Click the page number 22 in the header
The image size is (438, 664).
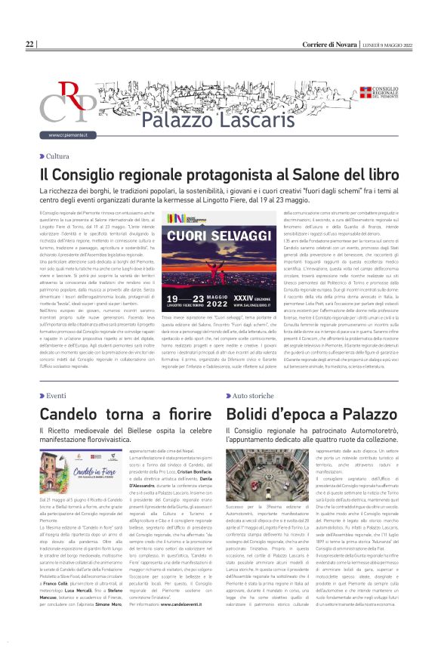tap(29, 45)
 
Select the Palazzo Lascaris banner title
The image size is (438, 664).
tap(200, 119)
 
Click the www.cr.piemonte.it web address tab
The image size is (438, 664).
tap(67, 135)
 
